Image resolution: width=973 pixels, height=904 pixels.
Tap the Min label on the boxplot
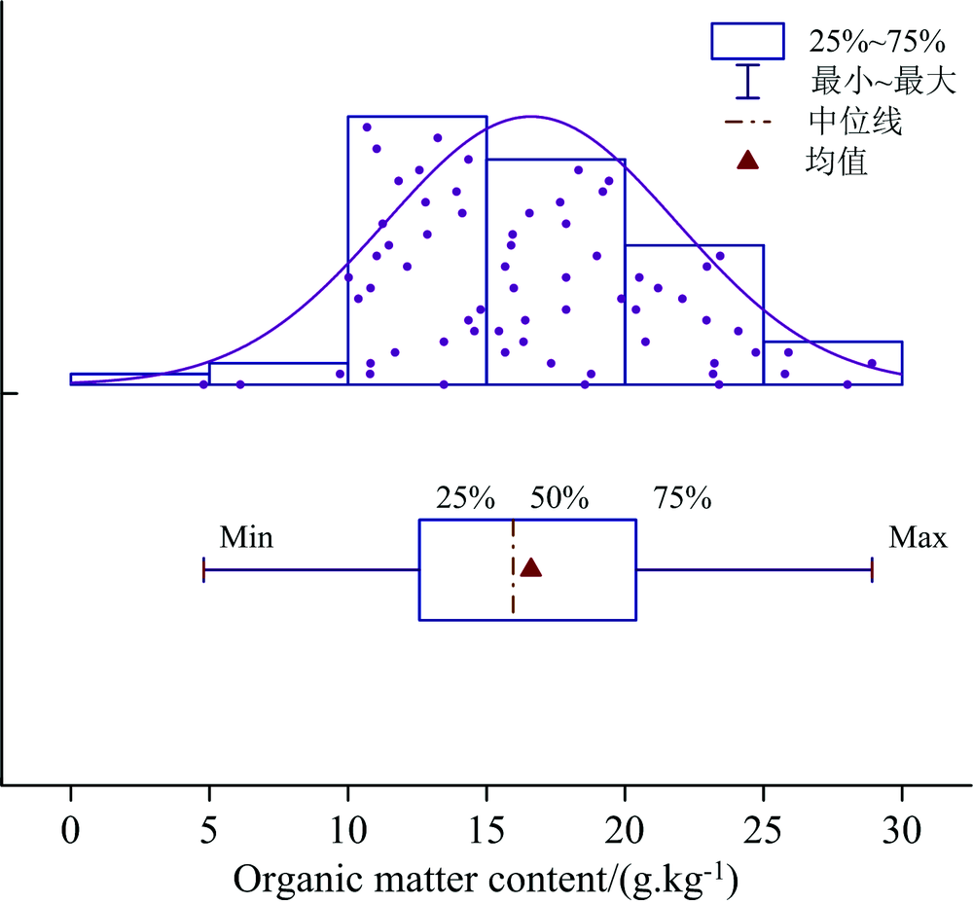click(x=246, y=537)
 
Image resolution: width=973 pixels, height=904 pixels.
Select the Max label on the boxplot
click(x=918, y=537)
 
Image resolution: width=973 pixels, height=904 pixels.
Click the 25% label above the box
click(x=465, y=500)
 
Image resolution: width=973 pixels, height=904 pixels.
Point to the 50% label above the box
click(x=559, y=500)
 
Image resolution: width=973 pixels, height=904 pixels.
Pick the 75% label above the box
click(x=682, y=500)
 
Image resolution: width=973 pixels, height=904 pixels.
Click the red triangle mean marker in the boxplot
click(x=531, y=568)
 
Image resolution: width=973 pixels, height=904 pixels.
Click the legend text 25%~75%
click(x=875, y=41)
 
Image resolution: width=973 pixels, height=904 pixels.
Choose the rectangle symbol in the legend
click(x=747, y=41)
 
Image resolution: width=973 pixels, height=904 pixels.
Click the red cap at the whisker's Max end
click(x=872, y=569)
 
